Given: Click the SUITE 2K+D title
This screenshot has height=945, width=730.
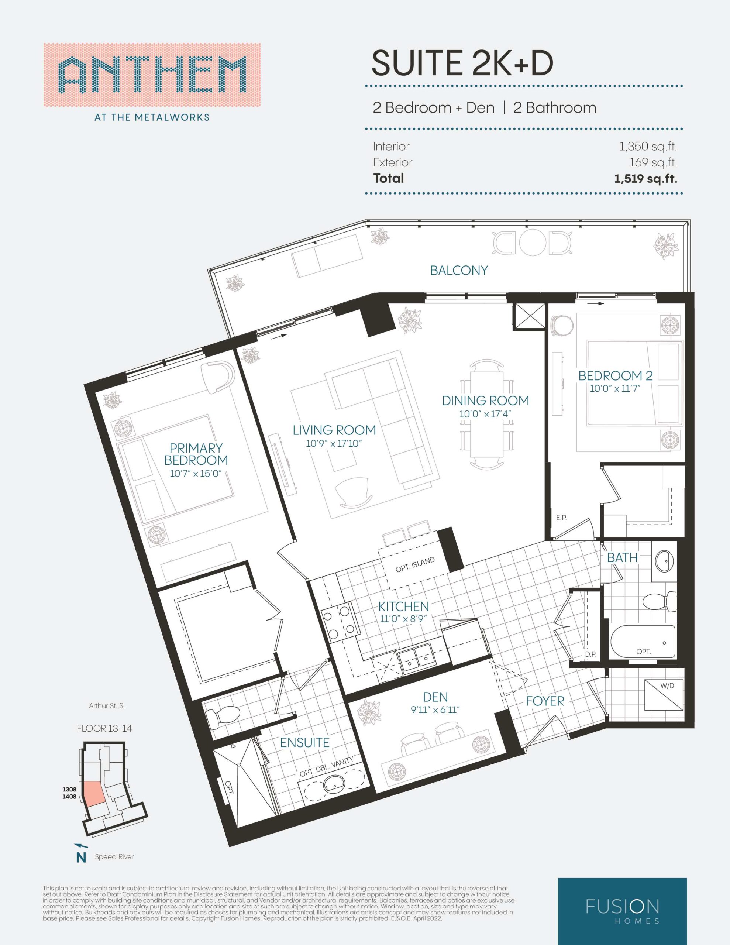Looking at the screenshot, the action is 462,63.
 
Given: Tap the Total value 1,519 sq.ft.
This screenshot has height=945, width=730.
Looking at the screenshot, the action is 645,178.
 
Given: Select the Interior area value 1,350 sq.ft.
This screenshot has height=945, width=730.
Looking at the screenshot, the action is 648,147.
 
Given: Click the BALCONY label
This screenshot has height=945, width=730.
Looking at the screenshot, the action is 459,271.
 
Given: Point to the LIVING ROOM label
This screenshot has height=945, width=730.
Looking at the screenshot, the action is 334,430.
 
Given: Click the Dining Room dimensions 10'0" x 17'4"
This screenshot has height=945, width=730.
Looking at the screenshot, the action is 485,414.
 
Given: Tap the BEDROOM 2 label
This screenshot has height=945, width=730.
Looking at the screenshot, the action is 615,375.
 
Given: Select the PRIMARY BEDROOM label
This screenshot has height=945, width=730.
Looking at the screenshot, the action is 196,454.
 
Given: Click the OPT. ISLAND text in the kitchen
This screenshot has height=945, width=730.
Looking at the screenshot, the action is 415,565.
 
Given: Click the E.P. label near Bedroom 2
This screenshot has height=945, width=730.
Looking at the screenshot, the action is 561,518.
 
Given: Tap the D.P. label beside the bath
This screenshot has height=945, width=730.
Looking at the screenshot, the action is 590,654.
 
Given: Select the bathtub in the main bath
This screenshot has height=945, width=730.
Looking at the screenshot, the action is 643,642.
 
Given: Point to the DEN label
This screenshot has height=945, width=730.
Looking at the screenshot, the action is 435,697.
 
